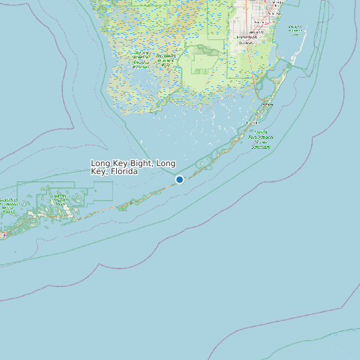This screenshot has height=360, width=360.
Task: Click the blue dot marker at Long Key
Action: tap(179, 179)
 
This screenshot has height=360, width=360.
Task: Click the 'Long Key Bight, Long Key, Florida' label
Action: tap(133, 167)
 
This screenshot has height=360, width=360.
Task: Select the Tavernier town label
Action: tap(252, 123)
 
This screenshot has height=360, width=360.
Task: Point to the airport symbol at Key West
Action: tap(4, 234)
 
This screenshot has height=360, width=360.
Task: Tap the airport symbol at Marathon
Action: tap(132, 202)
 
